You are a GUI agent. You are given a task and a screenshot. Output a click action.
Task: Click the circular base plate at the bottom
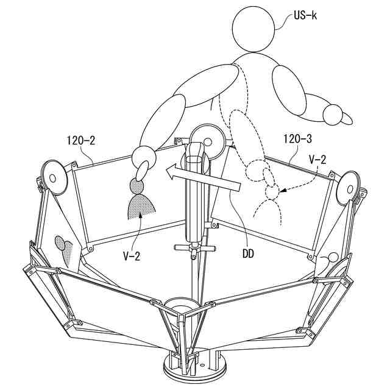pos(194,369)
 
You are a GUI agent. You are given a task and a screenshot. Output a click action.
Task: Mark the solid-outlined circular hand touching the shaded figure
pos(143,158)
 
